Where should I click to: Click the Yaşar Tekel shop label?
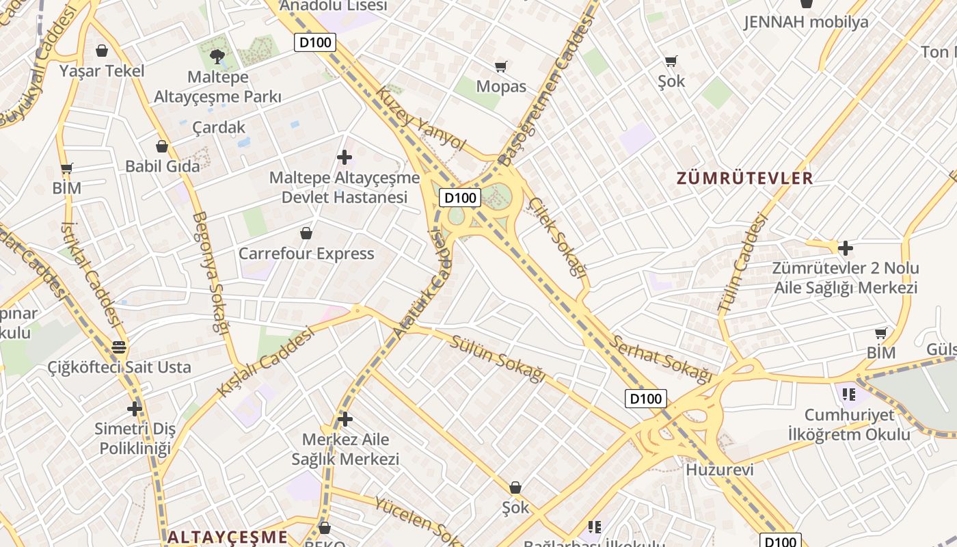102,70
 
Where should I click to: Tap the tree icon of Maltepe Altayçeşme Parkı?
217,56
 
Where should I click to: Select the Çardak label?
218,127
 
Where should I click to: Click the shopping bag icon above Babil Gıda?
162,146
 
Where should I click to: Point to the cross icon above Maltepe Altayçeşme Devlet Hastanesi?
345,158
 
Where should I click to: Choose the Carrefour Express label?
306,254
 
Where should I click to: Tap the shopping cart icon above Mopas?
501,66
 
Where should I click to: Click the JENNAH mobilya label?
806,22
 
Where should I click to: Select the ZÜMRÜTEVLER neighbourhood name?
744,178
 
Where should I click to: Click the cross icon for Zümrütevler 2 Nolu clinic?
846,248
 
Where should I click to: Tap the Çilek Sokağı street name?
558,237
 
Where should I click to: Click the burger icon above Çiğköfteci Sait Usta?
119,347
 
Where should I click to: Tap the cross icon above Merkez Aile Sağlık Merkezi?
345,418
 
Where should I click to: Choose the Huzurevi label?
719,470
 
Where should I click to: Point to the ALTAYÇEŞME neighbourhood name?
228,537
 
